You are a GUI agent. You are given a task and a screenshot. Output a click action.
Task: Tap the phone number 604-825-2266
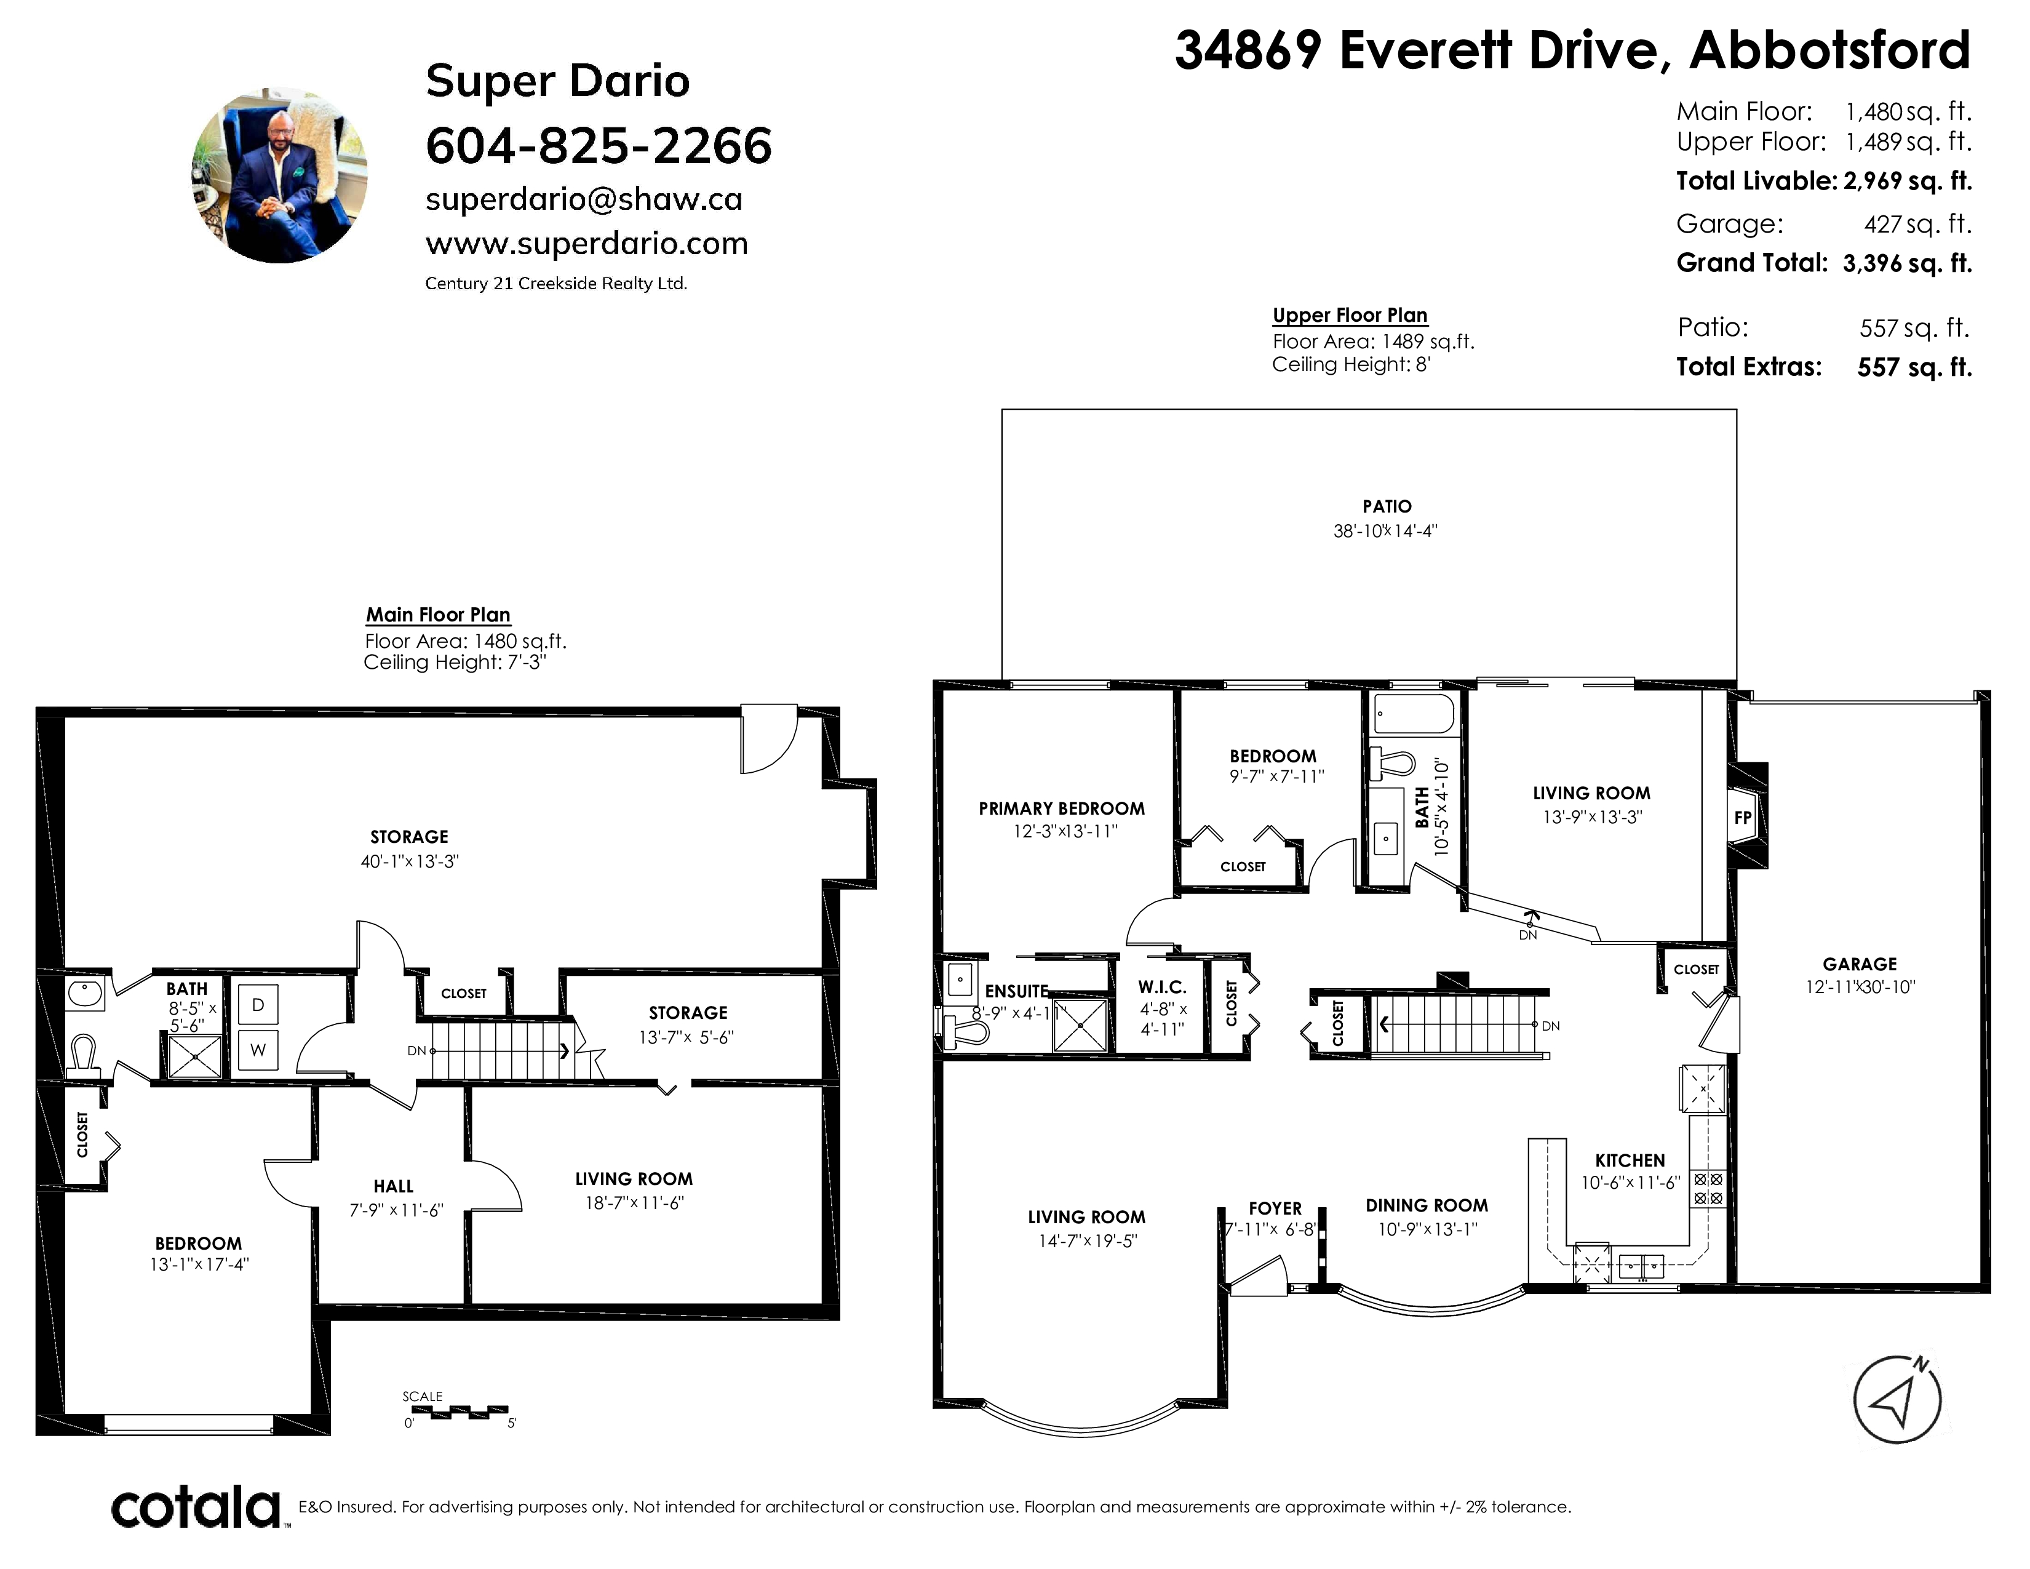[x=599, y=145]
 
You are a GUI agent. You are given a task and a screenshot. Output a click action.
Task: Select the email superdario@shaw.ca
[x=584, y=199]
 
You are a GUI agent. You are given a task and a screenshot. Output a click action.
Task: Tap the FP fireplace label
[x=1743, y=818]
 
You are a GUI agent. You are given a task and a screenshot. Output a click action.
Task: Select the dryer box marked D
[x=258, y=1004]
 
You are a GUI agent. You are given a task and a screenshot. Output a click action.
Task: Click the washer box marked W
[x=258, y=1050]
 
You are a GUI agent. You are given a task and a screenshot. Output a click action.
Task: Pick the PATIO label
[x=1387, y=506]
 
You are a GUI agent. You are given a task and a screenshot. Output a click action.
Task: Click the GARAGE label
[x=1859, y=964]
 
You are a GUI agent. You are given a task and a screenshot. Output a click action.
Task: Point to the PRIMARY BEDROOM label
[x=1062, y=808]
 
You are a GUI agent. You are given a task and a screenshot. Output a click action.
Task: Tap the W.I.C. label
[x=1162, y=987]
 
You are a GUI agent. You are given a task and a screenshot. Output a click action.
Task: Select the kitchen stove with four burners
[x=1708, y=1188]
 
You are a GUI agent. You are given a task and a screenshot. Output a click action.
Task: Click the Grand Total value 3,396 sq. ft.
[x=1908, y=263]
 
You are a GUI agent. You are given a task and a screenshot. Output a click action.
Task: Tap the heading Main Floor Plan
[x=438, y=615]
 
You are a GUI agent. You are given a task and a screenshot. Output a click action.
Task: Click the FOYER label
[x=1275, y=1208]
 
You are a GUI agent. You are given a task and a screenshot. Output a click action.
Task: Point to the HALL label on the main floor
[x=393, y=1186]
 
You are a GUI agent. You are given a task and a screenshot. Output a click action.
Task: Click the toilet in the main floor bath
[x=84, y=1058]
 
